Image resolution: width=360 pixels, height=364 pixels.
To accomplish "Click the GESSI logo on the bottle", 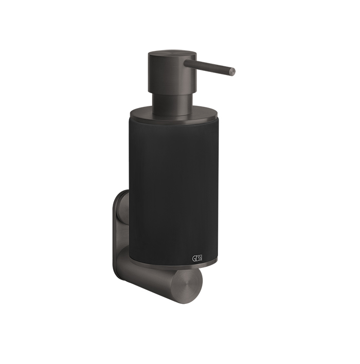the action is click(x=197, y=258).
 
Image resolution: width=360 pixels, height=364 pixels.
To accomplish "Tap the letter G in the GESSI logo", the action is click(x=193, y=258).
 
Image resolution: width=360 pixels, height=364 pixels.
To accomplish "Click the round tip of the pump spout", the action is click(x=232, y=71).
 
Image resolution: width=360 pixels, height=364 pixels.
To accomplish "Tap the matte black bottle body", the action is click(x=174, y=190).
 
